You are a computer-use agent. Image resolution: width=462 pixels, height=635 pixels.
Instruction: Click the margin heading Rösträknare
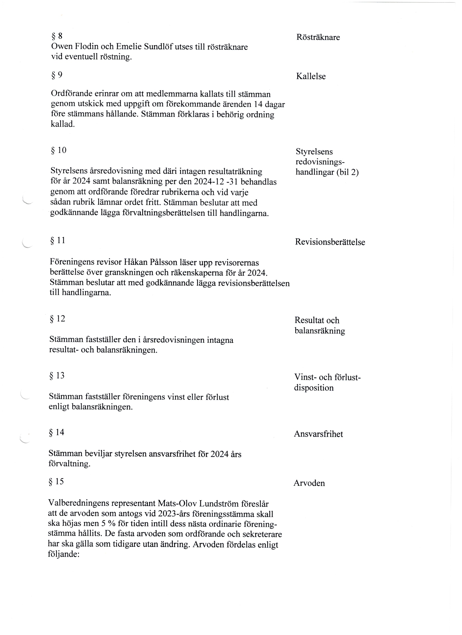coord(318,37)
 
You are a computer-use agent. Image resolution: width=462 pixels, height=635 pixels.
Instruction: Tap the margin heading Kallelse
coord(311,76)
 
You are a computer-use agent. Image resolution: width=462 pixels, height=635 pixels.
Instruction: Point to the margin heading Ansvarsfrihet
coord(318,434)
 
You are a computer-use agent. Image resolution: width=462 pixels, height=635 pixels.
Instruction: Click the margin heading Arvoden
coord(309,483)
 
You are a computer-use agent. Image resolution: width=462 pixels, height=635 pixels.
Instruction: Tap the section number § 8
coord(57,36)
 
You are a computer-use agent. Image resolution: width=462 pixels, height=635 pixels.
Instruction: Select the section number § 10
coord(58,151)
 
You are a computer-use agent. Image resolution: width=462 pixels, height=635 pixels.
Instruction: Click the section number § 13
coord(57,376)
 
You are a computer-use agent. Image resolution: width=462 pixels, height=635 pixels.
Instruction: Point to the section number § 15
coord(56,482)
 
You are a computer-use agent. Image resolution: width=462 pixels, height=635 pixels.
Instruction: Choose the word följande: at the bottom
coord(64,555)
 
